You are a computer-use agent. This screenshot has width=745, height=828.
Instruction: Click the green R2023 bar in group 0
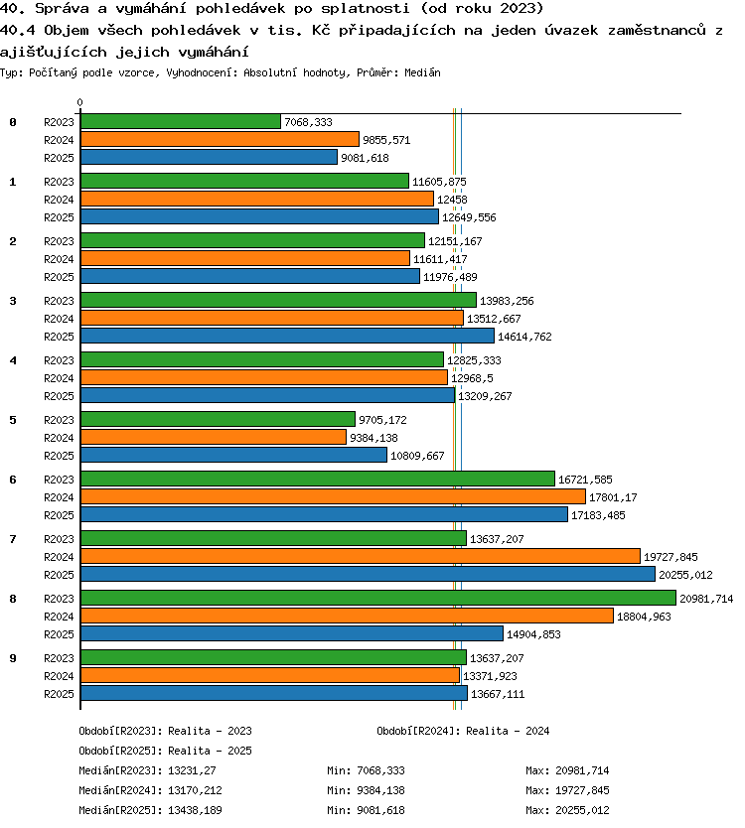181,121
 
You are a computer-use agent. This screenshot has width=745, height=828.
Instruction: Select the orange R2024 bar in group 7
361,556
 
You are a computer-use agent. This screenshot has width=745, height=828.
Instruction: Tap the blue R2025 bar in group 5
234,455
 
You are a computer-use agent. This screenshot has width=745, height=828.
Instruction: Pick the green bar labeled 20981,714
378,598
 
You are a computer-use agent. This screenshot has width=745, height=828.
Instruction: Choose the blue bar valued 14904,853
292,633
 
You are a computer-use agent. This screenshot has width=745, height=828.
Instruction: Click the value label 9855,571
386,140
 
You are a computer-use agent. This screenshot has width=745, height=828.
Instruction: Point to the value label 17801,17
613,497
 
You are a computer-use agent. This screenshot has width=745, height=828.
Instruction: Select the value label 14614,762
524,337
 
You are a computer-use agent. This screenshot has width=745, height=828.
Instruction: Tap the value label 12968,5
472,378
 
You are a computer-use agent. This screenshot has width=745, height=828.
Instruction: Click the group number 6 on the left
13,480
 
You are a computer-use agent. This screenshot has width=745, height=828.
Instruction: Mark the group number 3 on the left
13,301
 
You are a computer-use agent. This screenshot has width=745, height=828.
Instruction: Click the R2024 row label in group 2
59,259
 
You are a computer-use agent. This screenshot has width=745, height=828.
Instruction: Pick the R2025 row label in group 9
59,694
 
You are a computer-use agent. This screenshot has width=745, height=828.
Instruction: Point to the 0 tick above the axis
79,102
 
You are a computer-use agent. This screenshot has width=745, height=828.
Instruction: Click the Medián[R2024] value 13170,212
195,790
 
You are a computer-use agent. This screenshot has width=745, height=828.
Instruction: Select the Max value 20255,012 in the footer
582,810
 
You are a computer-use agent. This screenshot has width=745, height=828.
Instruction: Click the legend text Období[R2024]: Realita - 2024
463,731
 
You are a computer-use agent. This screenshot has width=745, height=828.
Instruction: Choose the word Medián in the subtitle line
422,72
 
